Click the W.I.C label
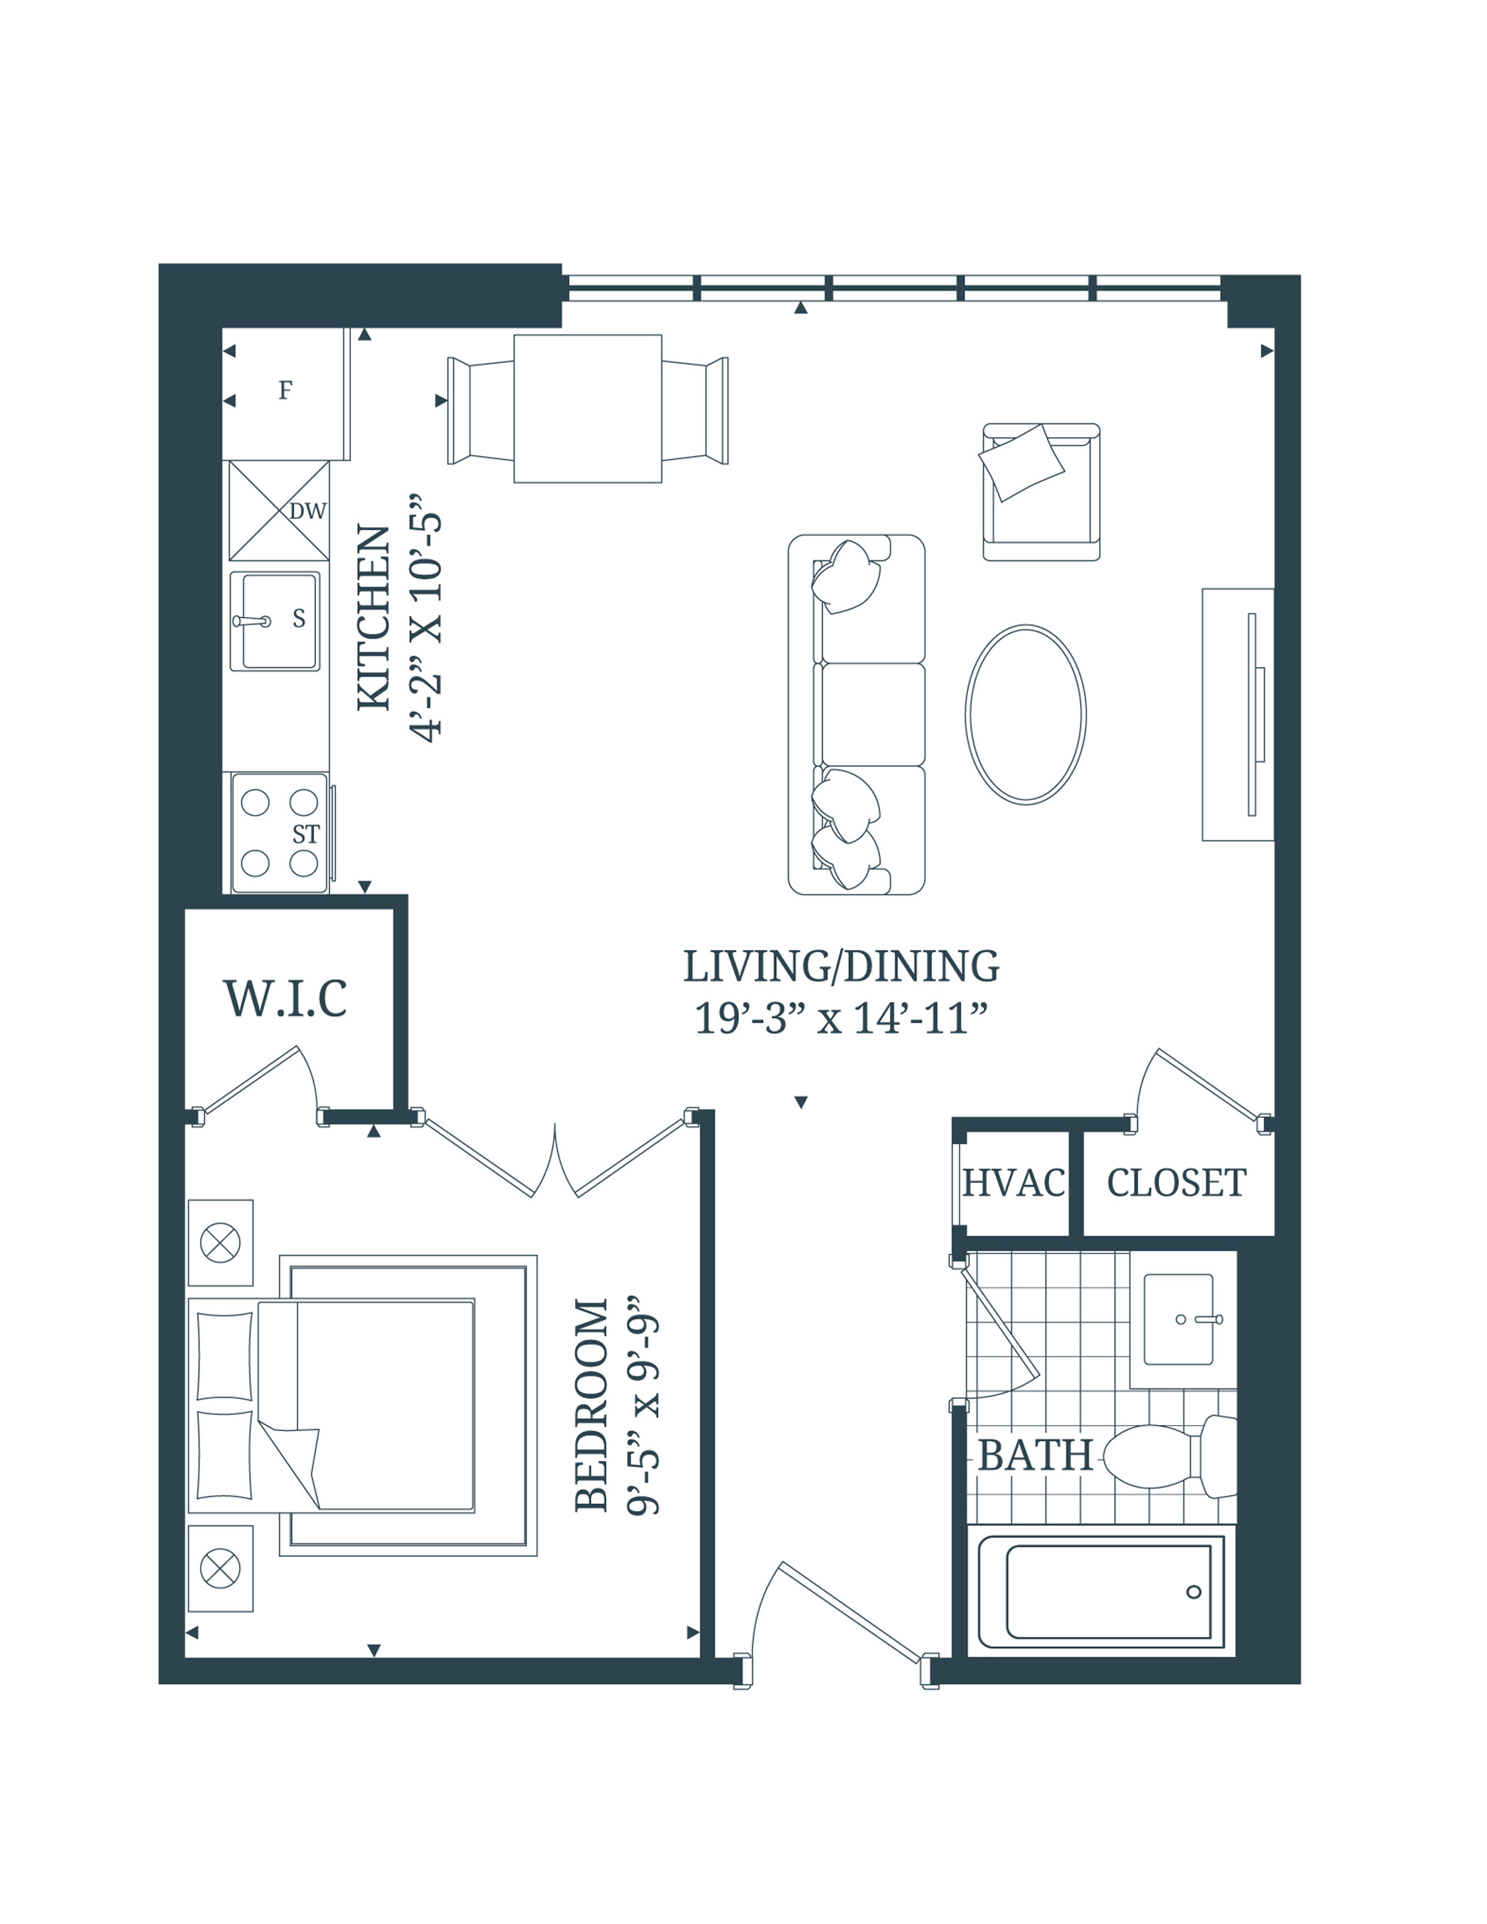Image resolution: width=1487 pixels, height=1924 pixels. (285, 999)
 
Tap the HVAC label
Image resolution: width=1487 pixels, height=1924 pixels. (1013, 1183)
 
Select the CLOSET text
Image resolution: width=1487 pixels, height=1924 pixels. (1176, 1183)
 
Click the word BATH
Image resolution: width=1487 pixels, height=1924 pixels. (1035, 1456)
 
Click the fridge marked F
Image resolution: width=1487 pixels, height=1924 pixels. (285, 391)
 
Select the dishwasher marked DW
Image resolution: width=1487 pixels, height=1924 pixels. (279, 511)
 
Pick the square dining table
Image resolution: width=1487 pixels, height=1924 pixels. (587, 409)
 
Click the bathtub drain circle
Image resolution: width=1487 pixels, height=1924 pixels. (1194, 1592)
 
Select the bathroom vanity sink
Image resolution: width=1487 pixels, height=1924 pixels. (1179, 1319)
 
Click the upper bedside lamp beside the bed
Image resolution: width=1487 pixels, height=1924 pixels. (220, 1243)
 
